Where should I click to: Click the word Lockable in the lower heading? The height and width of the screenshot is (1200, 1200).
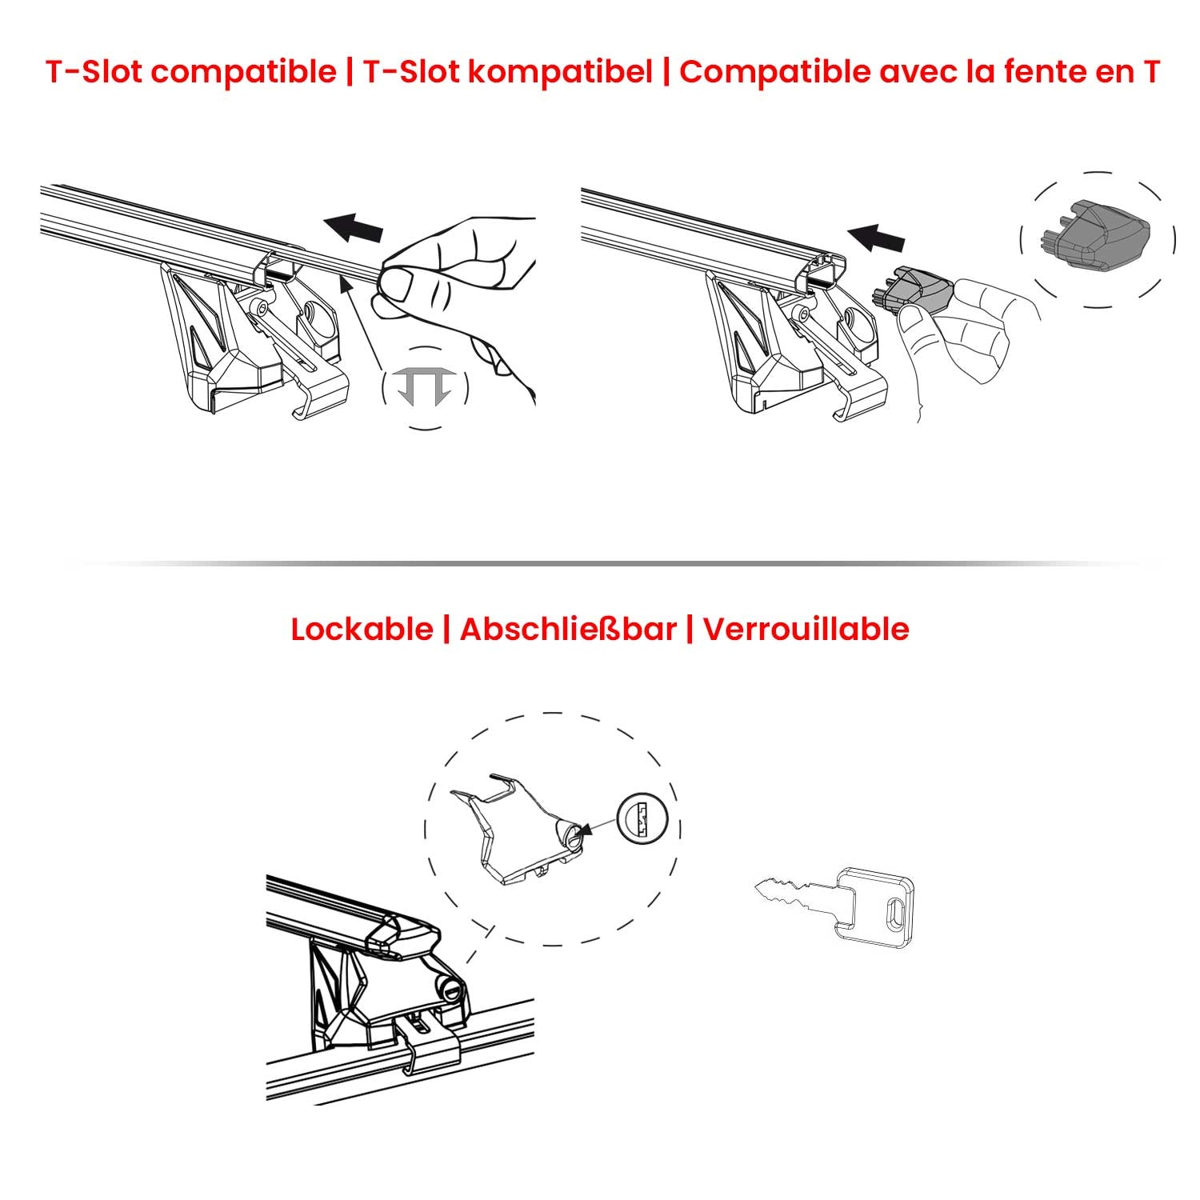(362, 630)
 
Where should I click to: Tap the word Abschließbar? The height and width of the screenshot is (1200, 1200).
(568, 630)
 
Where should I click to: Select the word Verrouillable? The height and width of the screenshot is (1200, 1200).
(806, 630)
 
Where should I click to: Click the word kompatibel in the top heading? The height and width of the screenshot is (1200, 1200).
(560, 72)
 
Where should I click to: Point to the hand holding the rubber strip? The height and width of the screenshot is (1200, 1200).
(464, 288)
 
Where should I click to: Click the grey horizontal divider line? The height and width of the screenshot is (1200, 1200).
(600, 564)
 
